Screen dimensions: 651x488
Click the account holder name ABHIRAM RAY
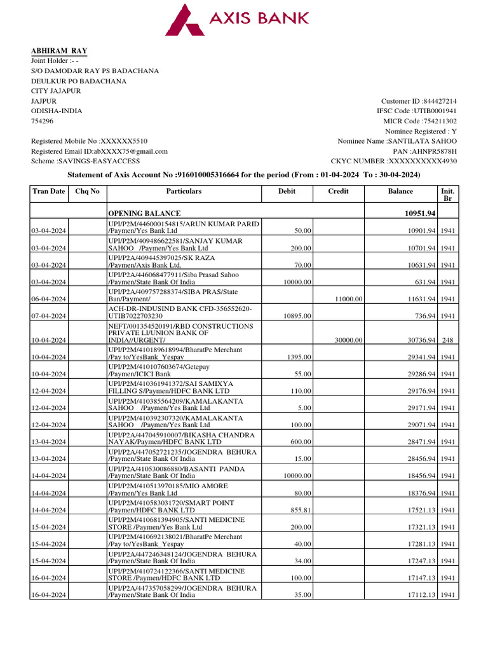60,51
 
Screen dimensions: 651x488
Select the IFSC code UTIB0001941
435,111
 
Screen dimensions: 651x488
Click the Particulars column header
184,191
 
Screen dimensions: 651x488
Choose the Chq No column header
87,191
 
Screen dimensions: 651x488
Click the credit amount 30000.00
349,340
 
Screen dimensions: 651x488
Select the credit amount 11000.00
349,299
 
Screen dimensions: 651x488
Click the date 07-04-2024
50,316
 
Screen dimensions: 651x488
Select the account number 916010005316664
210,174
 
